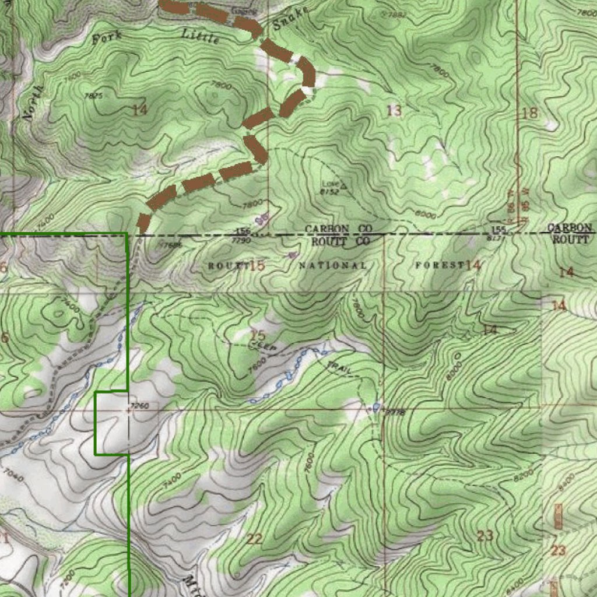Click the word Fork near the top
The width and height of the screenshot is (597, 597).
(107, 37)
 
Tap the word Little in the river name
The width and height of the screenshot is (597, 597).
(201, 36)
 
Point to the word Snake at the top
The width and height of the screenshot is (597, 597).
(290, 21)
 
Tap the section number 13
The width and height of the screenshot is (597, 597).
(395, 110)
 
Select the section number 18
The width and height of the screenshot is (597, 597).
(529, 114)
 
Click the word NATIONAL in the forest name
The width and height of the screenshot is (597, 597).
(333, 266)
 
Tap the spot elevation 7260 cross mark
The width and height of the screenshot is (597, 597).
(129, 410)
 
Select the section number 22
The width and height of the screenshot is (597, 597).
(254, 539)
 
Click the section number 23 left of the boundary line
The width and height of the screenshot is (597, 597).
(485, 535)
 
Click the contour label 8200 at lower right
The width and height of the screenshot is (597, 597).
(523, 475)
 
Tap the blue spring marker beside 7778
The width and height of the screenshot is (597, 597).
(376, 406)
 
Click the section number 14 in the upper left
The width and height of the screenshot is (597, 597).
(139, 109)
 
